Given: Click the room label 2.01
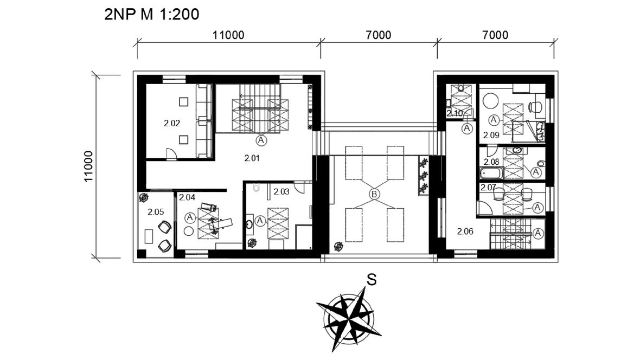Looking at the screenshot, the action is tap(252, 158).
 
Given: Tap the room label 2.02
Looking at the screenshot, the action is tap(172, 123).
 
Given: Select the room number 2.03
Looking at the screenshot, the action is tap(281, 191).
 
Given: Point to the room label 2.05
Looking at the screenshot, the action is tap(156, 212).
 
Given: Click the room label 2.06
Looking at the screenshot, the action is tap(465, 232).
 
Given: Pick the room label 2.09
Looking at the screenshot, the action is tap(491, 135).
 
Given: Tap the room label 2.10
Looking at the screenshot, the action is tap(455, 113).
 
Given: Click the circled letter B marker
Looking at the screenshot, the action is tap(374, 194).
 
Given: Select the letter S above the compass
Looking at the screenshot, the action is tap(371, 280).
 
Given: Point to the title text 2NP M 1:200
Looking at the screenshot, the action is tap(152, 14).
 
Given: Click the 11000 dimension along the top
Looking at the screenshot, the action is tap(228, 35).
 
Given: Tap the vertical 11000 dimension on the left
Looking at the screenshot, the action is tap(88, 166).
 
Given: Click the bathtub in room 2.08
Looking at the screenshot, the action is tap(492, 173).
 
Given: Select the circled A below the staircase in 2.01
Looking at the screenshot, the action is tap(261, 140).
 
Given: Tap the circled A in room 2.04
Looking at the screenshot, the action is tap(189, 217).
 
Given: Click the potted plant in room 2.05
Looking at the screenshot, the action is tap(144, 198).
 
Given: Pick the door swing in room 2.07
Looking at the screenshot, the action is tap(484, 209).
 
